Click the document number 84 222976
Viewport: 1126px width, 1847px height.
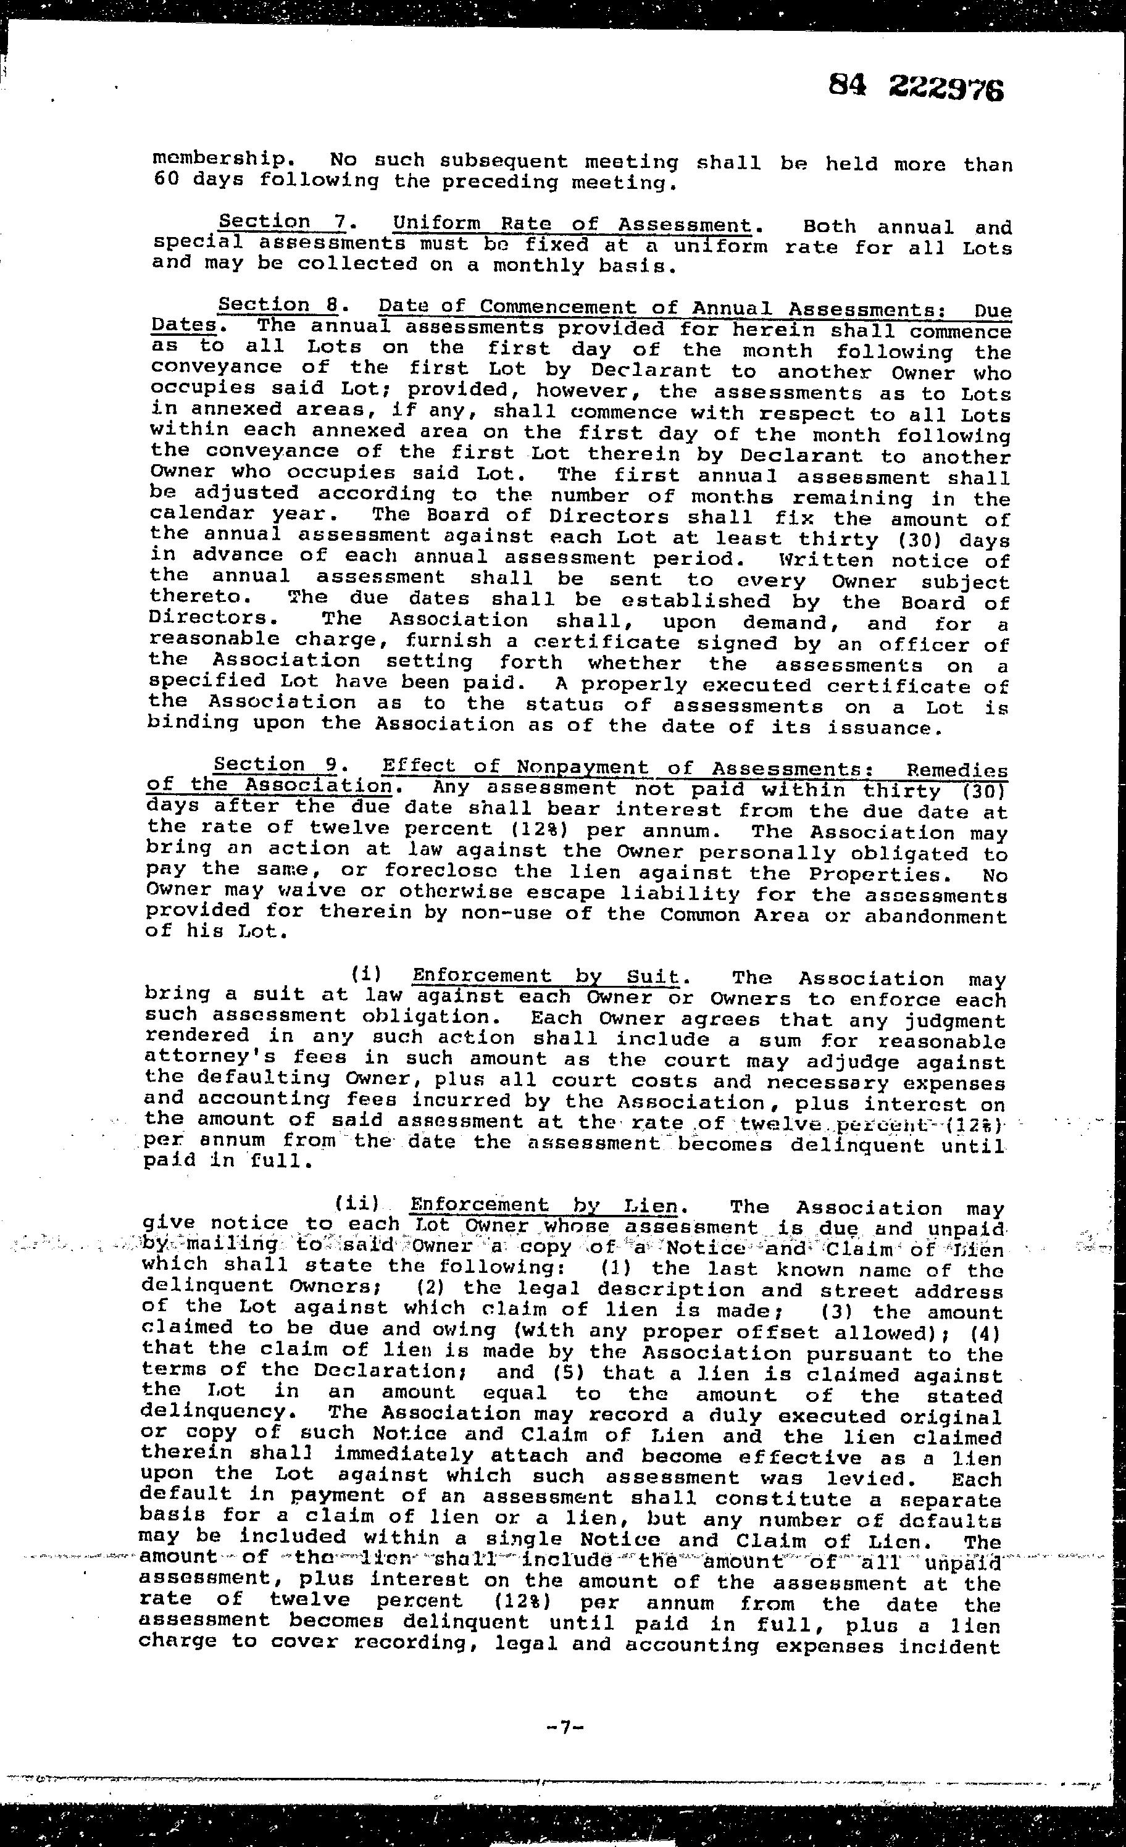coord(915,88)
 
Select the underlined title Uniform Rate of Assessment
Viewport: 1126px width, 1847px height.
coord(571,224)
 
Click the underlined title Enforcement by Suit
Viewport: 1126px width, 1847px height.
coord(546,976)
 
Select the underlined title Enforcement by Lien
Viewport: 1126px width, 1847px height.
coord(543,1206)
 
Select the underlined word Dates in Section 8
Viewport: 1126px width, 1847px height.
coord(184,325)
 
